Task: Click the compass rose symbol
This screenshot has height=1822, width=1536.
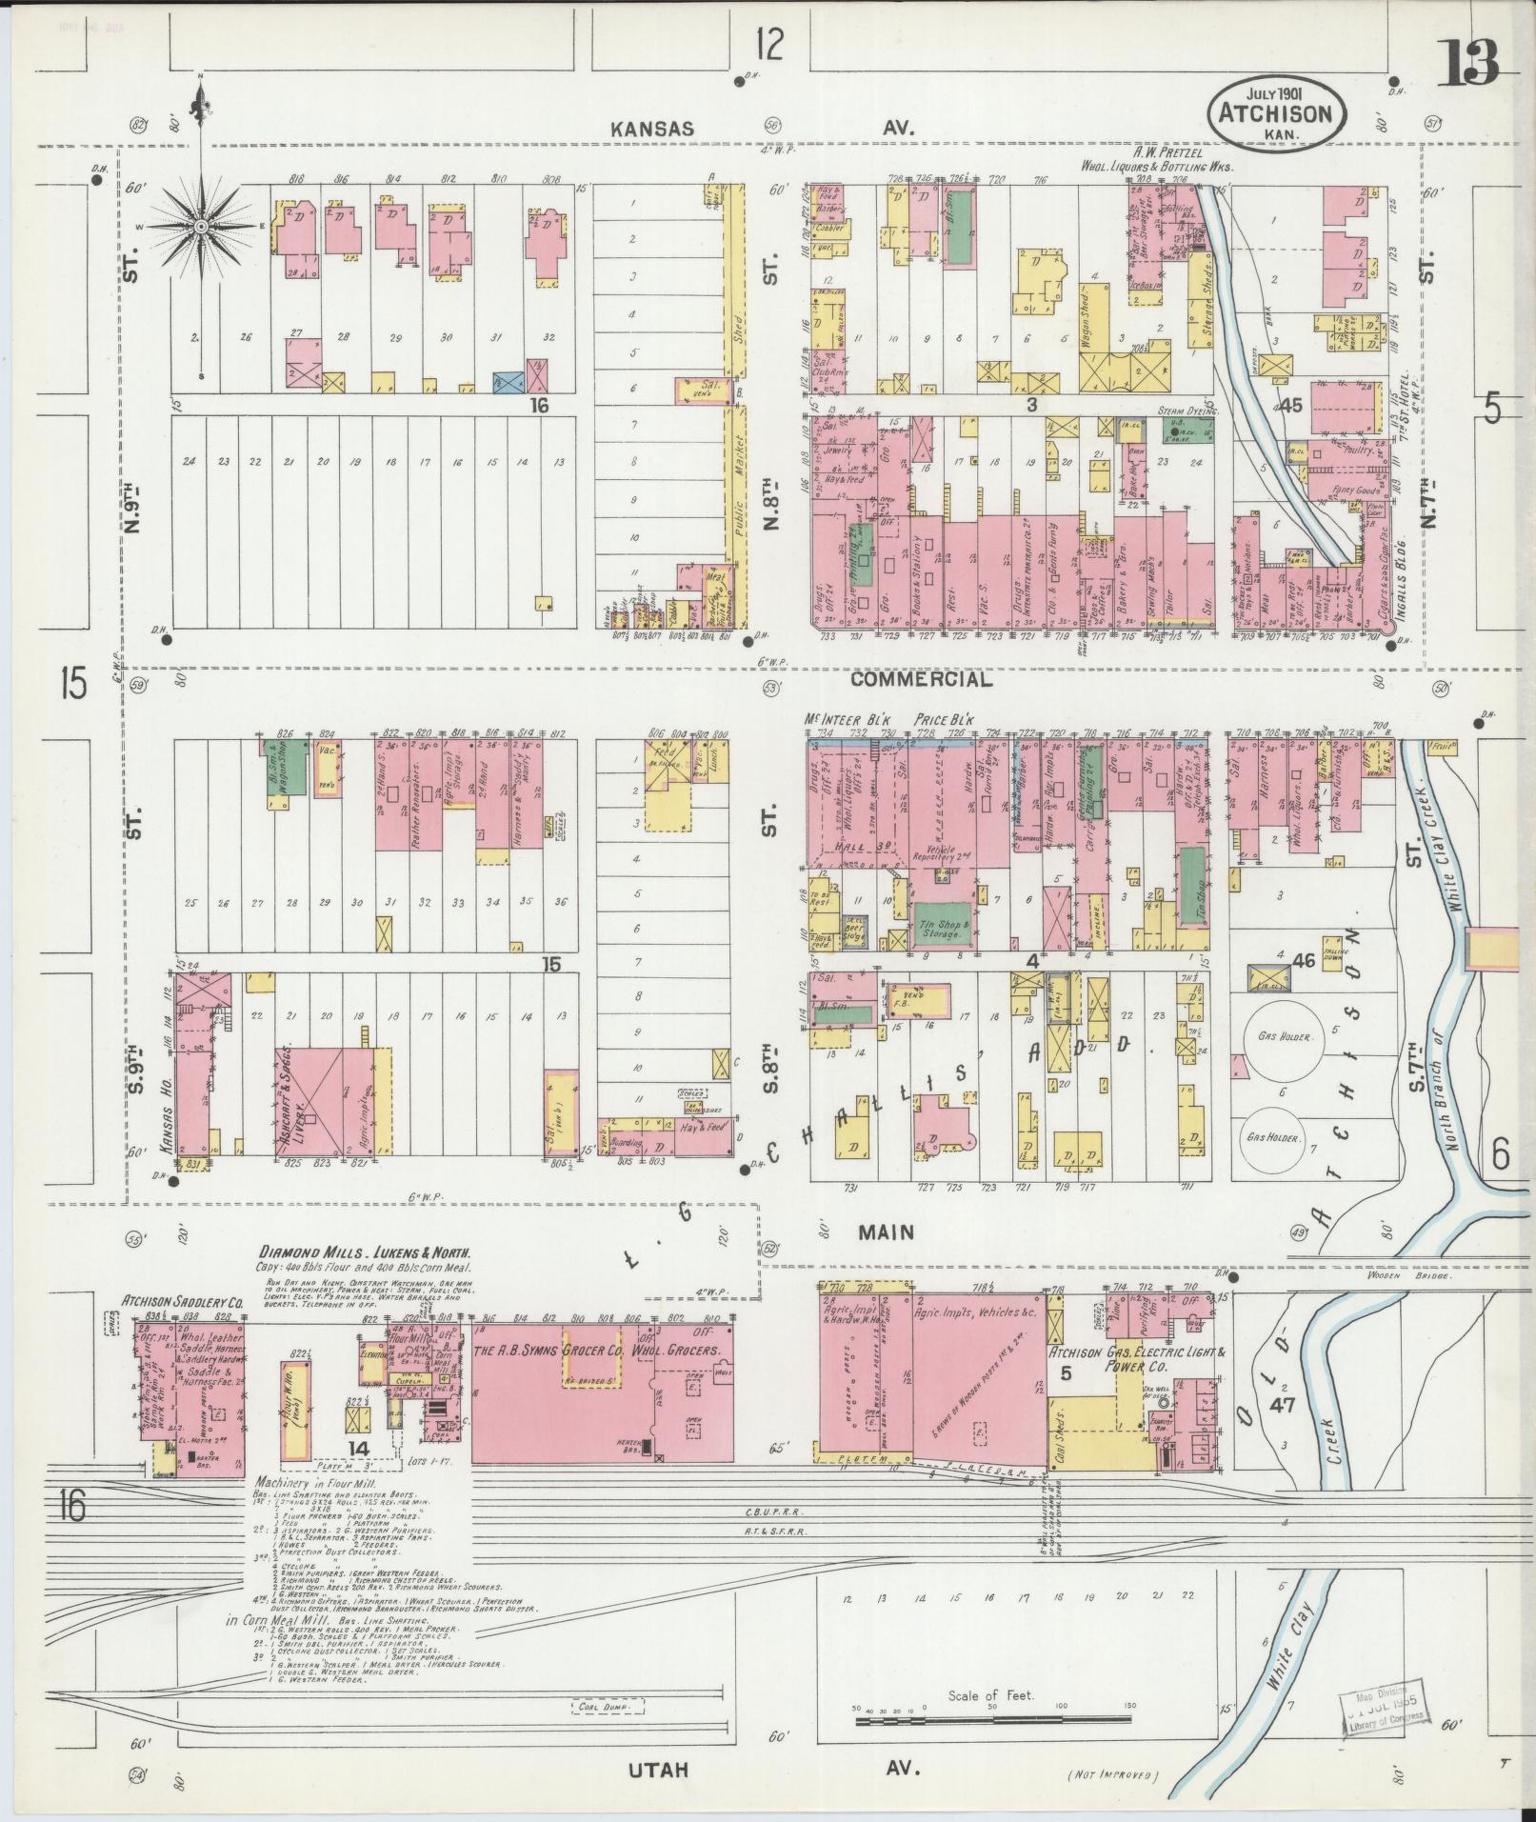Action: pos(202,227)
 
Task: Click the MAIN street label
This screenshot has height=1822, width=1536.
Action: pos(886,1232)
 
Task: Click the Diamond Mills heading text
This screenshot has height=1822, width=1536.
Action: pos(367,1253)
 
